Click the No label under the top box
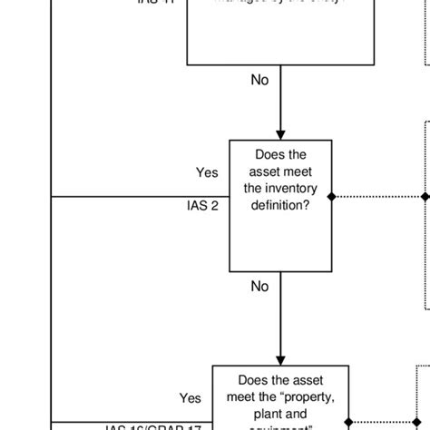click(260, 80)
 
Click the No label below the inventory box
click(260, 287)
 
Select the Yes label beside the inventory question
click(207, 172)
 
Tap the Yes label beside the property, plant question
click(191, 397)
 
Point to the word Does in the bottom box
click(257, 380)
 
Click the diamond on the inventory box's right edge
click(333, 196)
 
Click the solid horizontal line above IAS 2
click(136, 196)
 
